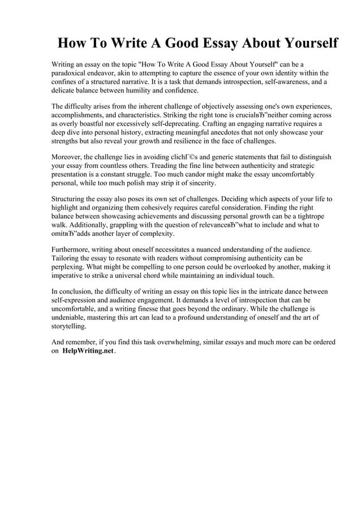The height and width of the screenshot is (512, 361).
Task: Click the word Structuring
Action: (70, 199)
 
